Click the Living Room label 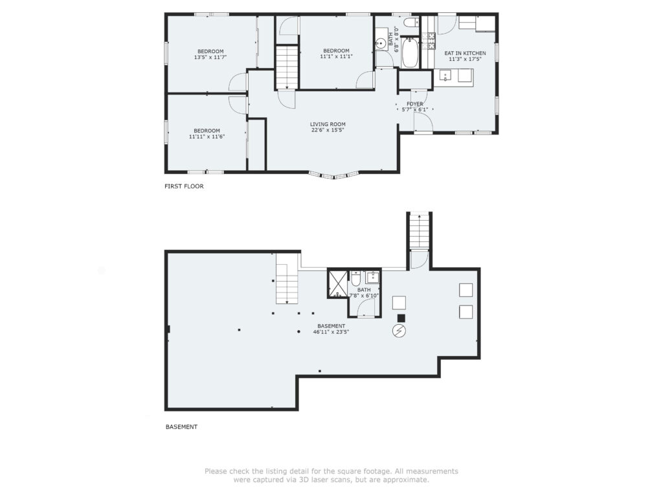pos(328,124)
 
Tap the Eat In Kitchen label pos(465,53)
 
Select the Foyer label pos(415,104)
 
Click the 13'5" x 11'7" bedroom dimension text pos(210,57)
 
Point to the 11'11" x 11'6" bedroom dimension pos(207,137)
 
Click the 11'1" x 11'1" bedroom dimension pos(336,56)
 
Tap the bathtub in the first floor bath pos(410,53)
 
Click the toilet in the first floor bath pos(410,23)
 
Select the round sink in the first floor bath pos(381,43)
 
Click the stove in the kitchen pos(431,41)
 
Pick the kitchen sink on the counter pos(445,76)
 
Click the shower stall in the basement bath pos(337,283)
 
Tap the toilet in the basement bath pos(355,278)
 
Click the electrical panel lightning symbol pos(399,331)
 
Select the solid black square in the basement pos(401,318)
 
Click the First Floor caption pos(184,186)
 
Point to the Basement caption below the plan pos(181,427)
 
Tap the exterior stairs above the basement pos(419,232)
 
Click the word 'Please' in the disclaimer pos(216,471)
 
